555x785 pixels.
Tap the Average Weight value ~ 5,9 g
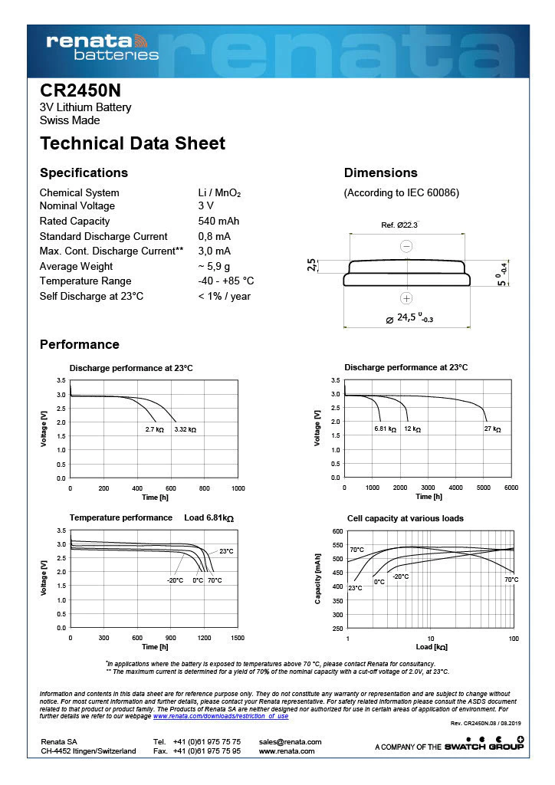pyautogui.click(x=214, y=266)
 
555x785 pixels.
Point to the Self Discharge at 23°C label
pyautogui.click(x=91, y=296)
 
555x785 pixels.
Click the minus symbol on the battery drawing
pyautogui.click(x=406, y=246)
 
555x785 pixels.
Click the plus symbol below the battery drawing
pyautogui.click(x=406, y=298)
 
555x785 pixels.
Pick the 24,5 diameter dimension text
pyautogui.click(x=415, y=317)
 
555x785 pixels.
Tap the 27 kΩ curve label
pyautogui.click(x=492, y=429)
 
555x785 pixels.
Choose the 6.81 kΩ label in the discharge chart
pyautogui.click(x=385, y=429)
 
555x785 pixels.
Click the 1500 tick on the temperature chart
pyautogui.click(x=238, y=638)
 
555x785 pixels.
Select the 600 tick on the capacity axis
pyautogui.click(x=337, y=530)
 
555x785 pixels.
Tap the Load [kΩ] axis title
pyautogui.click(x=432, y=648)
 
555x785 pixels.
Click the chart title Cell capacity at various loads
pyautogui.click(x=405, y=518)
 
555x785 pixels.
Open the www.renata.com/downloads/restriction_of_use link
pyautogui.click(x=221, y=716)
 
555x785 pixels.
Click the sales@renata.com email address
pyautogui.click(x=291, y=741)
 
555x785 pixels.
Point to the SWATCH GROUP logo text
pyautogui.click(x=494, y=746)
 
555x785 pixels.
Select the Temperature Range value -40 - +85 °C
pyautogui.click(x=226, y=281)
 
